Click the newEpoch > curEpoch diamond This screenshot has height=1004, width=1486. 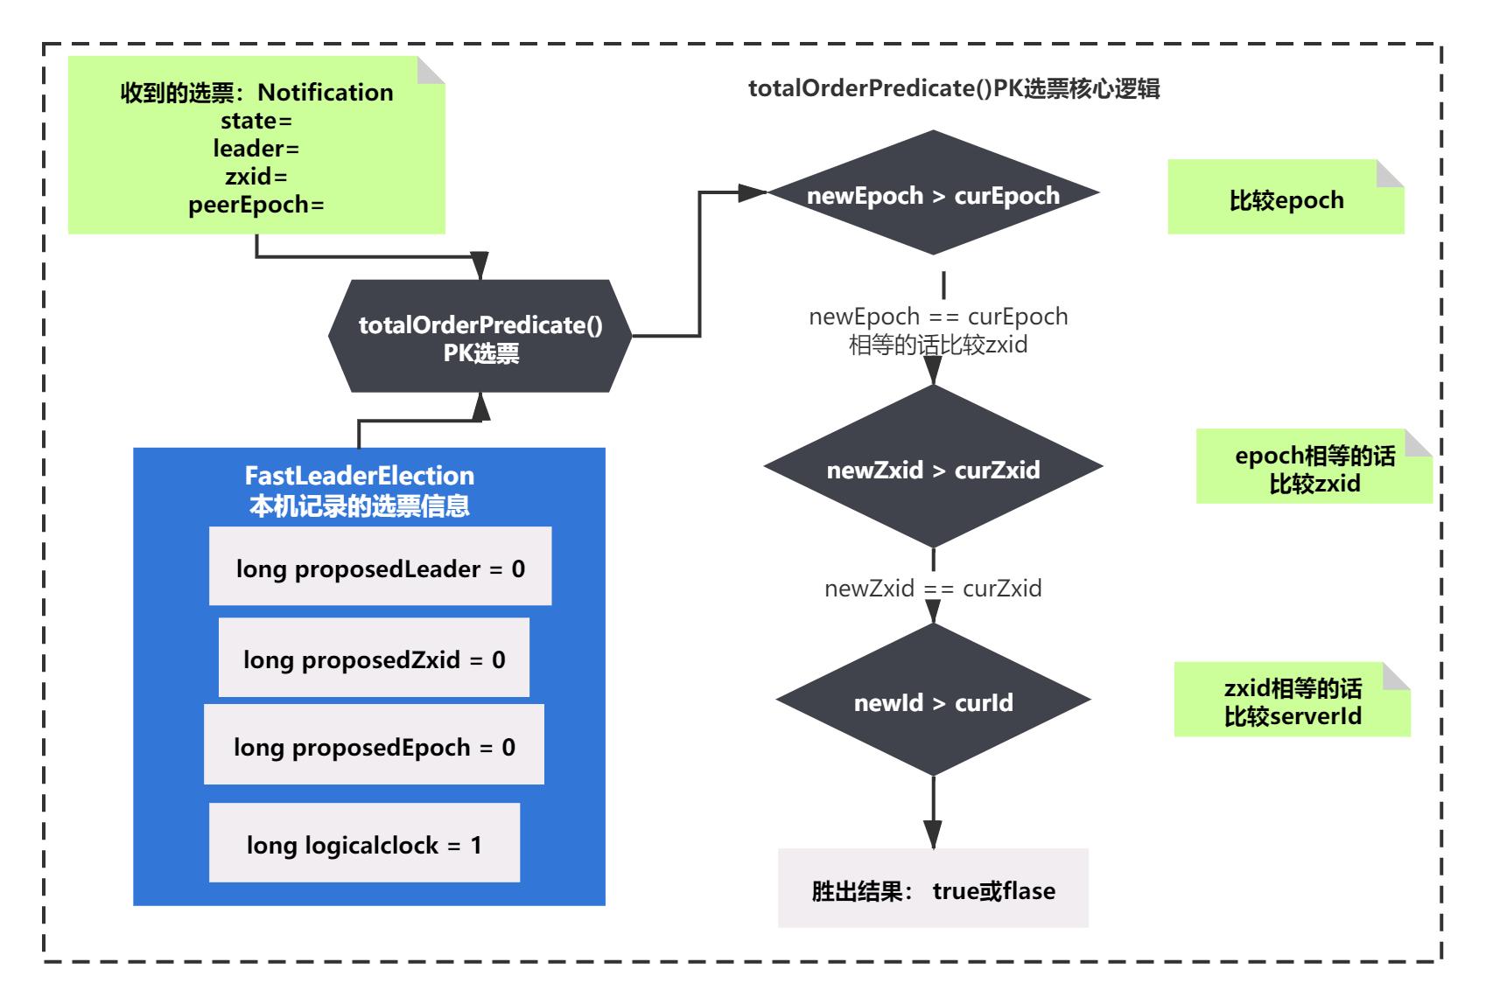pos(933,194)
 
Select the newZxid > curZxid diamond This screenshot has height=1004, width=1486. pos(933,470)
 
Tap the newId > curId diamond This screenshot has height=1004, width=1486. pos(933,702)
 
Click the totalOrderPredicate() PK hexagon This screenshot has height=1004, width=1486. pos(480,337)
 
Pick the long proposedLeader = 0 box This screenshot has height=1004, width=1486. pos(380,568)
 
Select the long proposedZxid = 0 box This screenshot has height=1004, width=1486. pos(374,659)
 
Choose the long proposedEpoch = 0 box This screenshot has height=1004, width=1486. pos(374,747)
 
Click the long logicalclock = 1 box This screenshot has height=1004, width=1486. pos(364,845)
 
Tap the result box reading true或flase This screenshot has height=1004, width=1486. pos(933,890)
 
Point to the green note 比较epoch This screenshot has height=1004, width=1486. pos(1285,199)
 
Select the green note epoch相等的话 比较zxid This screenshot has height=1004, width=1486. pos(1314,470)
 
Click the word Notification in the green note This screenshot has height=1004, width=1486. pos(326,92)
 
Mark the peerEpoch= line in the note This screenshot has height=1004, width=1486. pos(256,205)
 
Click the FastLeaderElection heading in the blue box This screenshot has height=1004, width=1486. pos(359,476)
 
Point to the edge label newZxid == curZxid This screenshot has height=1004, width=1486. pos(933,588)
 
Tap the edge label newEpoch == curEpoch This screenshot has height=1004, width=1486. pos(938,316)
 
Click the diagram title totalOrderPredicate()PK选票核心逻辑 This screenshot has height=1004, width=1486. pos(954,89)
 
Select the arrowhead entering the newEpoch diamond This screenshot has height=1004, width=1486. pos(753,193)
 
